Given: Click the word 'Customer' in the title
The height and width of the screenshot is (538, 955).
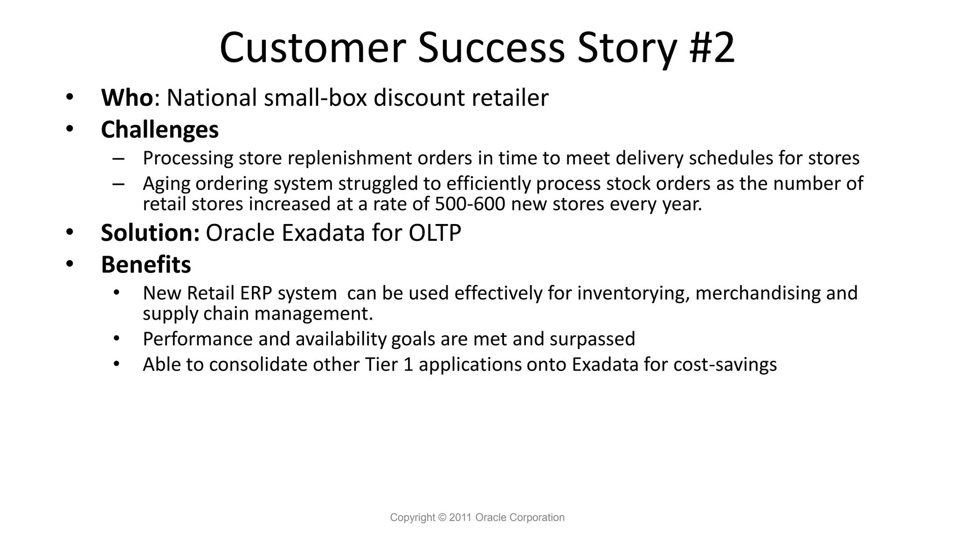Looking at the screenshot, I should tap(312, 48).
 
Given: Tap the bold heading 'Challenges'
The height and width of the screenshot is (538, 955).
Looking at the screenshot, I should tap(159, 130).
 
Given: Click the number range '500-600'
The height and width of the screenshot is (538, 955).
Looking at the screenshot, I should tap(470, 204).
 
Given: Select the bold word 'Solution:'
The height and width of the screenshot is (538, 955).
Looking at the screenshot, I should tap(150, 233).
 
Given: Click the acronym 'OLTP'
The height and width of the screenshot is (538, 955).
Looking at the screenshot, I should tap(435, 233).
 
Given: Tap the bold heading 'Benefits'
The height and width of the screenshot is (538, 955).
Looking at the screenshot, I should tap(146, 265).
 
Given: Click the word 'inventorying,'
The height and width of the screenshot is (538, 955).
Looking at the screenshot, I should tap(633, 293).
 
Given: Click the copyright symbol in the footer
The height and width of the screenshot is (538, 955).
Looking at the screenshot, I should tap(442, 517).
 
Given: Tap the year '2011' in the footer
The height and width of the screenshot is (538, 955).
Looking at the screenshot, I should tap(461, 517).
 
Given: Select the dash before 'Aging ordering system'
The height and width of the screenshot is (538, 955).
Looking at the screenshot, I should tap(118, 184).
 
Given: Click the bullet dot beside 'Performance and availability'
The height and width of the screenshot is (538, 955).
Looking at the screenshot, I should tap(117, 338).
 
